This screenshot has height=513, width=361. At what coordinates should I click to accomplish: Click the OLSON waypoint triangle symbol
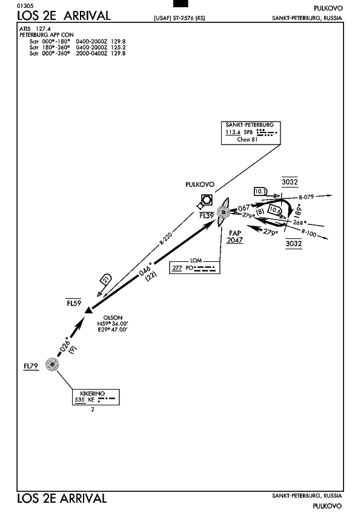point(88,310)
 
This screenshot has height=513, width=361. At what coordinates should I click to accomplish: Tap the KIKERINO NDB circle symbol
point(52,364)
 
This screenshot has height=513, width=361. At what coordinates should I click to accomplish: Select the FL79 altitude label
point(31,366)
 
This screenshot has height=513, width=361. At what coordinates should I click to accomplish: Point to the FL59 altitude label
point(74,303)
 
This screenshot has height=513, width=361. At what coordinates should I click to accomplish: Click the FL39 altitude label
point(207,215)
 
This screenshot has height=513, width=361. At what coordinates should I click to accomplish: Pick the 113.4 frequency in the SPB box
point(233,132)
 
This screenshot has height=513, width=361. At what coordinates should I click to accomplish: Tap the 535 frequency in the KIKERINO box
point(79,399)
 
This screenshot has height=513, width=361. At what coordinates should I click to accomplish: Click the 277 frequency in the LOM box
point(177,267)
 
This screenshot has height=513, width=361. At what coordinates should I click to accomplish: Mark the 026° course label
point(65,344)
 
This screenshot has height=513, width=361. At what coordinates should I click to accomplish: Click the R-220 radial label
point(166,238)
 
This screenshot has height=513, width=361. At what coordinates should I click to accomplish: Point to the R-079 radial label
point(306,197)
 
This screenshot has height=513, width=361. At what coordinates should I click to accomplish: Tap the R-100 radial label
point(308,234)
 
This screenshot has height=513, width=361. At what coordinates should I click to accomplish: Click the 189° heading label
point(298,211)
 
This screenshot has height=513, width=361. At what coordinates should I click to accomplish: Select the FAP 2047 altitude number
point(235,240)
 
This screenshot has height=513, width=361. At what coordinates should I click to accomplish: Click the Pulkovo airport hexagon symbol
point(207,200)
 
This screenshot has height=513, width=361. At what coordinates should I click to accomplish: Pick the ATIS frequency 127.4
point(43,29)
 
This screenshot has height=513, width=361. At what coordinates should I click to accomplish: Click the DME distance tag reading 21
point(105,279)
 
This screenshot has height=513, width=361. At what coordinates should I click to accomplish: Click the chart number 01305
point(25,6)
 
